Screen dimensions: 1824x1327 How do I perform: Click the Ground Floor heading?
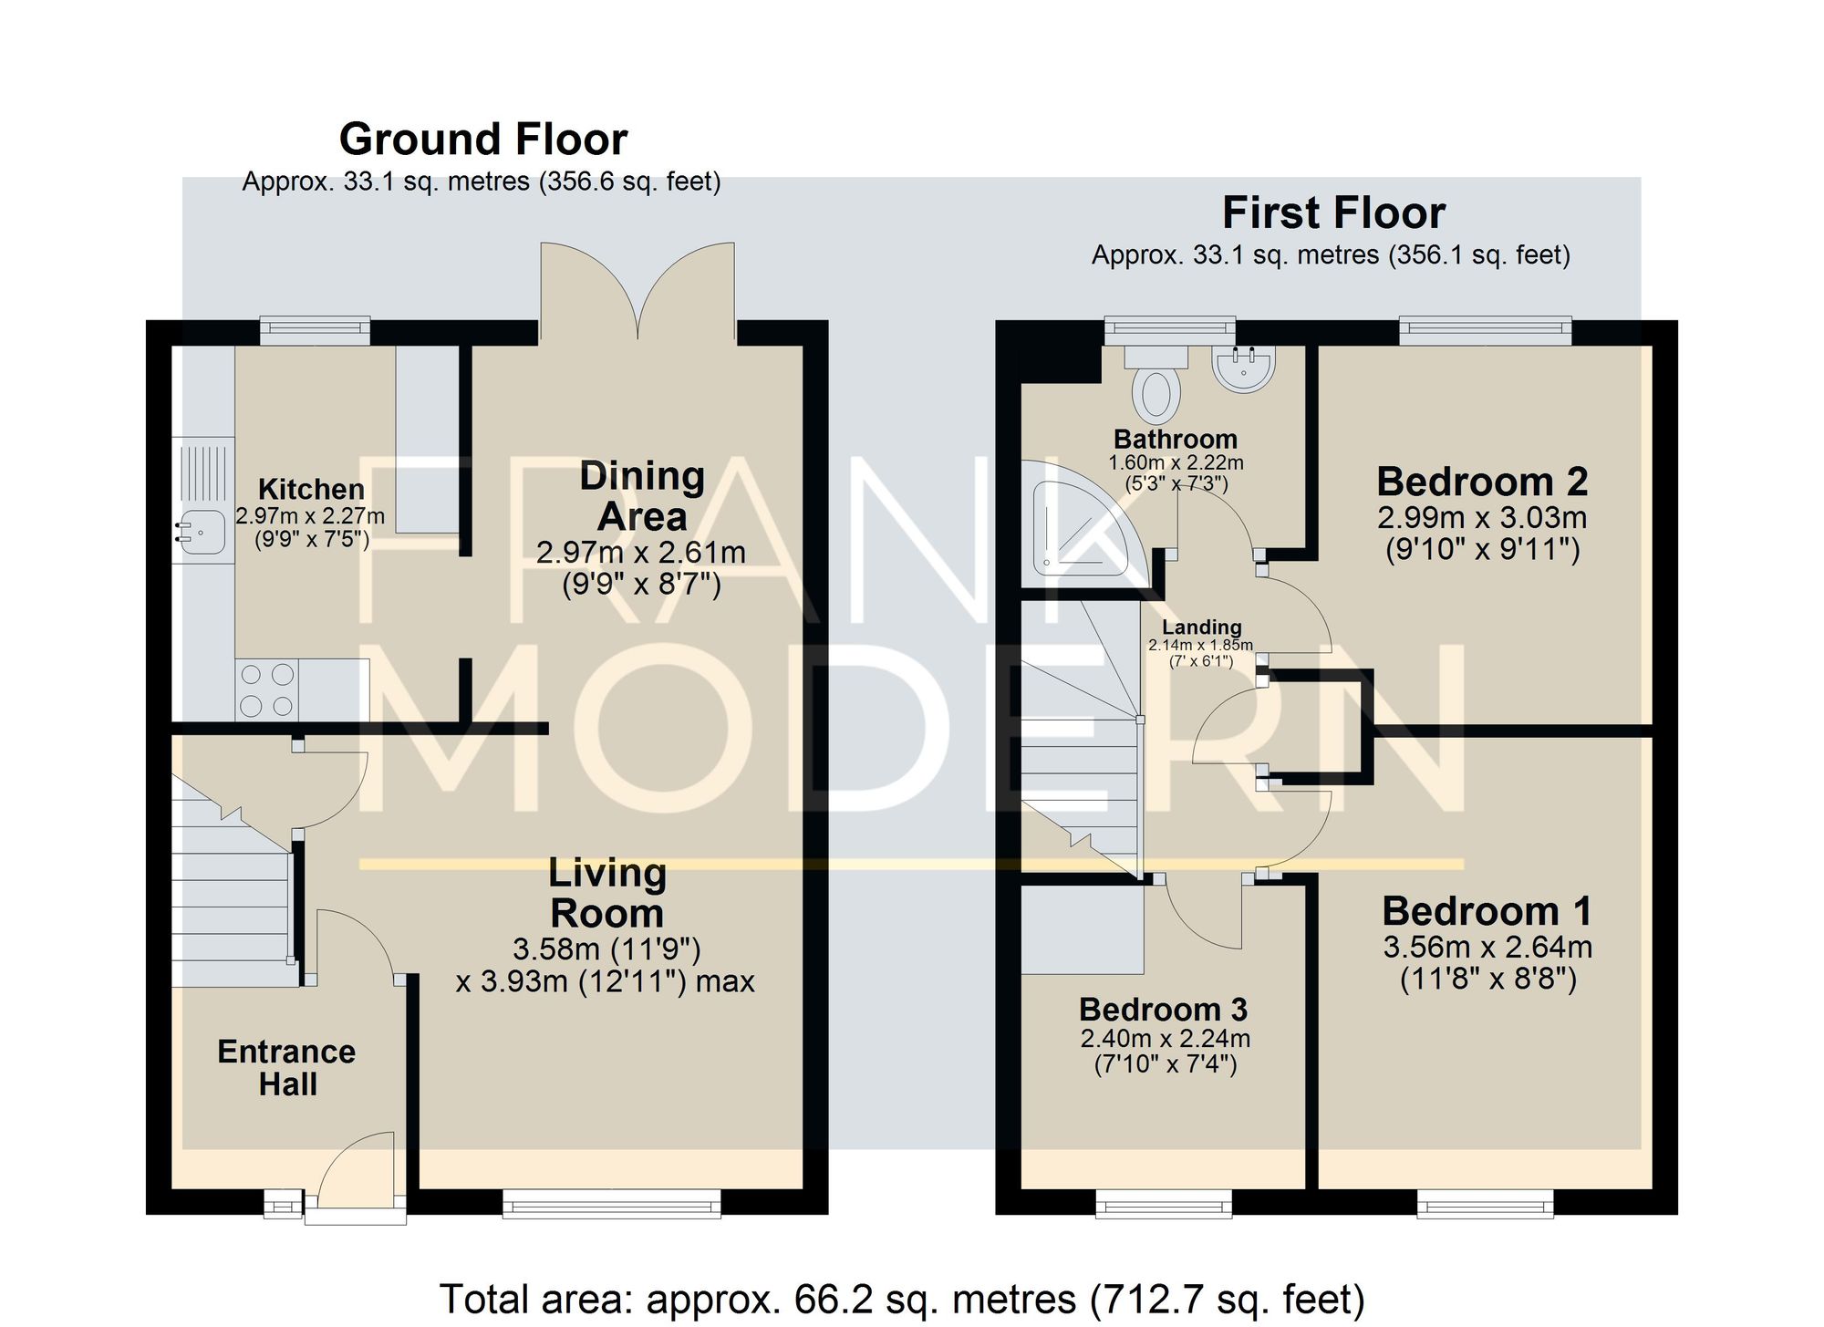[x=483, y=140]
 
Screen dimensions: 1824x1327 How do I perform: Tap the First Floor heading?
[x=1333, y=213]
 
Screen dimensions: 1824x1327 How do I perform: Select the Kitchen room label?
[x=311, y=489]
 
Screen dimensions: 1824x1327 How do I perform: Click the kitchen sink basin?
[x=202, y=533]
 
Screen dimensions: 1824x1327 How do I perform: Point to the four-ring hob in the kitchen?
[x=267, y=689]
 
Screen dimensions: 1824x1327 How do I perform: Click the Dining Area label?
[x=642, y=496]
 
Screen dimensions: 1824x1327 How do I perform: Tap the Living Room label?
[x=607, y=893]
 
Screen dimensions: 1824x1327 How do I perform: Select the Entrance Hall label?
[x=287, y=1067]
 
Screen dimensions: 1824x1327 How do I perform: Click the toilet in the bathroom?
[x=1156, y=384]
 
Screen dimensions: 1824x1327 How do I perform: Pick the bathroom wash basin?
[x=1244, y=368]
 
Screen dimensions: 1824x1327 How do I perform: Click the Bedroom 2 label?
[x=1482, y=481]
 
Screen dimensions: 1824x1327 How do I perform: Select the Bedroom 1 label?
[x=1487, y=911]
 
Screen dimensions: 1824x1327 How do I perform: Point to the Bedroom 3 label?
[x=1163, y=1010]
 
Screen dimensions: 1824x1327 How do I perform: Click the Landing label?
[x=1201, y=627]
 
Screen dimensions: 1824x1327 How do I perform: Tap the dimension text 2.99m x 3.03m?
[x=1482, y=518]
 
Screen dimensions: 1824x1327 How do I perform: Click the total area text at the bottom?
[x=902, y=1299]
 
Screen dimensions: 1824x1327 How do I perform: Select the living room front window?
[x=612, y=1203]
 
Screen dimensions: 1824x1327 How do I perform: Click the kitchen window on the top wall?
[x=315, y=330]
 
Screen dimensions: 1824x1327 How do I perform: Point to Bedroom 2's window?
[x=1485, y=330]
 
